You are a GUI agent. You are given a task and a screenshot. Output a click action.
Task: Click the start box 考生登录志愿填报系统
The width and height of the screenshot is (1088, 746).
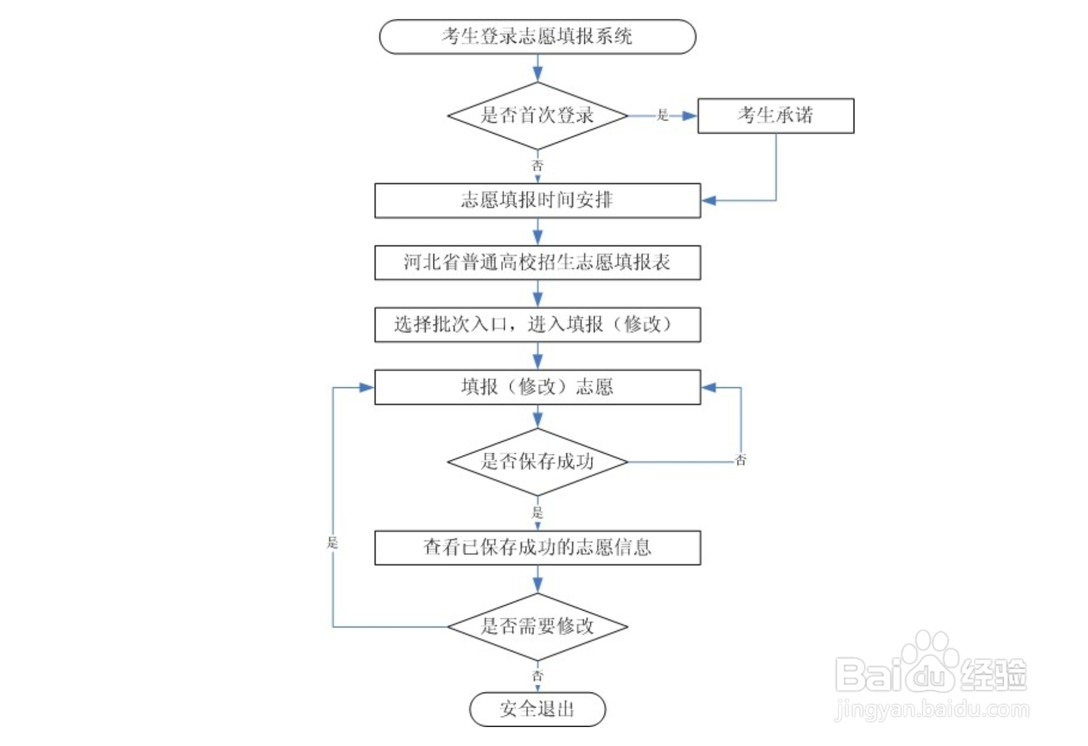(x=537, y=37)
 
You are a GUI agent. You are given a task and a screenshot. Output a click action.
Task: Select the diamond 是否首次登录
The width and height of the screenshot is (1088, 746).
(x=537, y=115)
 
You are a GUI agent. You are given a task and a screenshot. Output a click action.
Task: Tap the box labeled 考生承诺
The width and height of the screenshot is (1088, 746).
(x=775, y=115)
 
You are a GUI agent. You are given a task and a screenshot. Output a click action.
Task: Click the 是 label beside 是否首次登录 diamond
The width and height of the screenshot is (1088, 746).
(x=663, y=115)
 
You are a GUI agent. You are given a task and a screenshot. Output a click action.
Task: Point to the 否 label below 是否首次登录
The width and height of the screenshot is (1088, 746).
(x=537, y=166)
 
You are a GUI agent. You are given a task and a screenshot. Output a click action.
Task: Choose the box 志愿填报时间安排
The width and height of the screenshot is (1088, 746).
(x=537, y=200)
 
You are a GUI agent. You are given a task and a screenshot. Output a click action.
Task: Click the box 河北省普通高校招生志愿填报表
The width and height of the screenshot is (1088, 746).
(x=537, y=262)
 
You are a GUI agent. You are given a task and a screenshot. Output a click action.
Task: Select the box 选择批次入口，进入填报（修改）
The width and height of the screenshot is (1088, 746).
(x=537, y=324)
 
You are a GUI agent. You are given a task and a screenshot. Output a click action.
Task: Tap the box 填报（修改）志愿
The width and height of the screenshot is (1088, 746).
(x=537, y=387)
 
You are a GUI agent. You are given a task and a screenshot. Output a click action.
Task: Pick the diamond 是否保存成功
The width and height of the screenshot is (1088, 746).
(x=537, y=461)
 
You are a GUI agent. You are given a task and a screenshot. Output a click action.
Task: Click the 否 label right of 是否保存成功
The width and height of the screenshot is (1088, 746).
(x=740, y=460)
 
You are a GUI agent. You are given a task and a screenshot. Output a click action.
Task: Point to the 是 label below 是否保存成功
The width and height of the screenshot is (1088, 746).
(x=537, y=512)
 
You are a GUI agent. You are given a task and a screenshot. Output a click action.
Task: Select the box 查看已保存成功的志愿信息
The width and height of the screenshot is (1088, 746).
(x=537, y=547)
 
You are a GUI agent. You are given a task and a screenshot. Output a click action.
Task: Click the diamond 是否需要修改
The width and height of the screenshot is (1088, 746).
(x=537, y=626)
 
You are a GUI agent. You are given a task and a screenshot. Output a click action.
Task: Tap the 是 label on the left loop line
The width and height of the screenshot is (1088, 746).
(x=333, y=542)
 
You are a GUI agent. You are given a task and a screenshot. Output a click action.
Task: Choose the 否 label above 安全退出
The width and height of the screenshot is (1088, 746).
(x=537, y=676)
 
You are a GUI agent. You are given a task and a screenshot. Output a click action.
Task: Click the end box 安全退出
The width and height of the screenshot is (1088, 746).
(x=537, y=709)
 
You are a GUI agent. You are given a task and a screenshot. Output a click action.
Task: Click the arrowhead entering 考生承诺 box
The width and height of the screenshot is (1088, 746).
(x=690, y=116)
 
